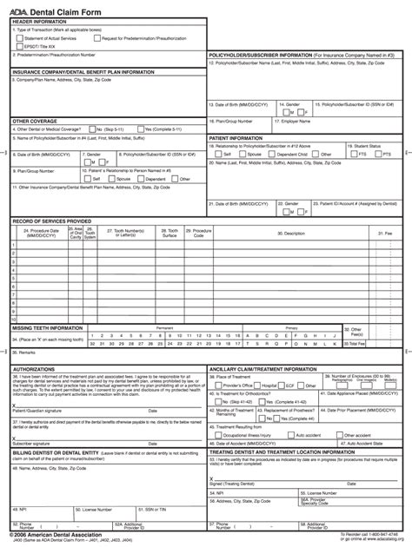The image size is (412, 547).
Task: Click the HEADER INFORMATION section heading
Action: point(37,22)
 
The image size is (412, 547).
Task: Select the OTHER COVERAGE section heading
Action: point(33,121)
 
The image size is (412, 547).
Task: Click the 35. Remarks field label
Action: point(26,353)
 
